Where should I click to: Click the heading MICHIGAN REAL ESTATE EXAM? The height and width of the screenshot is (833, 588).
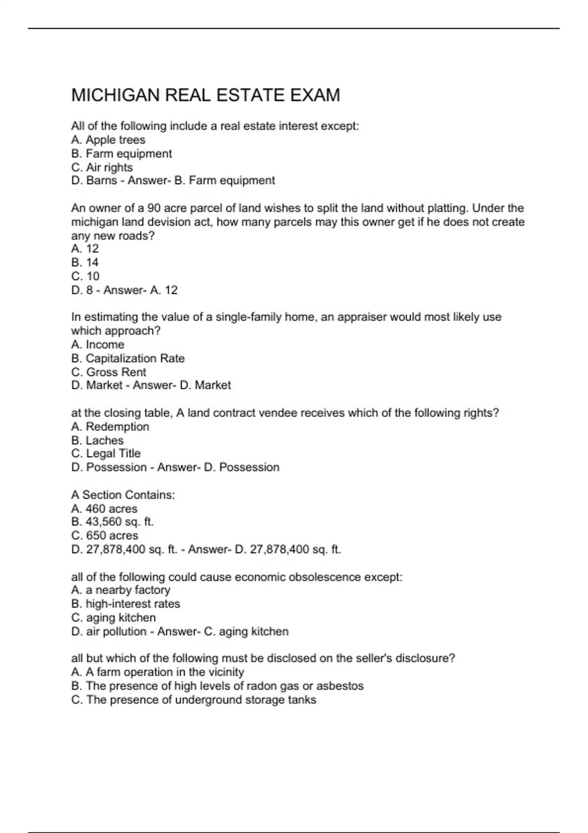(x=205, y=95)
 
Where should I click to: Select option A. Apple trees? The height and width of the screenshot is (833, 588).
(x=108, y=140)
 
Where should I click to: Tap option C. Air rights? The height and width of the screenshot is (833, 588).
(x=102, y=168)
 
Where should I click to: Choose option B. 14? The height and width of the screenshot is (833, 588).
(x=85, y=263)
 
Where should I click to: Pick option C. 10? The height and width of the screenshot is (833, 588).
(x=85, y=276)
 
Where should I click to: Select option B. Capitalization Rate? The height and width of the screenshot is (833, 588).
(x=128, y=358)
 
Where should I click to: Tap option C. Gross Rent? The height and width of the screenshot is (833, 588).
(x=109, y=372)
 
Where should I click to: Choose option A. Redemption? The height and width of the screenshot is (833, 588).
(x=110, y=427)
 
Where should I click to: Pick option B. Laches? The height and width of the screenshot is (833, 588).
(x=98, y=441)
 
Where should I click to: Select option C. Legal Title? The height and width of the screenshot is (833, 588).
(x=106, y=454)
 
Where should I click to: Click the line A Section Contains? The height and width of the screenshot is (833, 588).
(x=123, y=495)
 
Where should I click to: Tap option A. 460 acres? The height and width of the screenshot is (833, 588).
(x=104, y=509)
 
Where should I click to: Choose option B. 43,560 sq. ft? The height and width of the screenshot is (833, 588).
(x=113, y=522)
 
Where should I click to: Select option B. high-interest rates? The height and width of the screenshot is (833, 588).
(x=126, y=604)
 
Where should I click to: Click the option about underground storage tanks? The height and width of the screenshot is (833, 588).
(x=194, y=700)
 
